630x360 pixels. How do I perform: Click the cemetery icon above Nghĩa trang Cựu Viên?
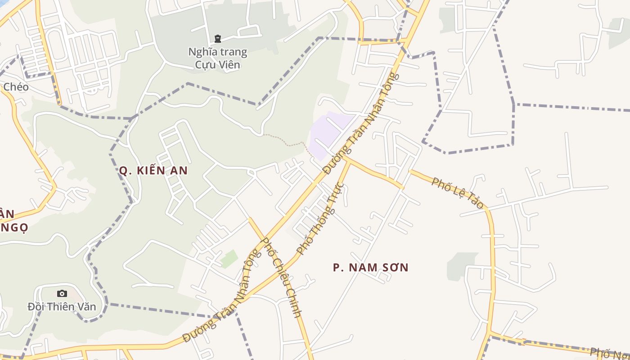218,39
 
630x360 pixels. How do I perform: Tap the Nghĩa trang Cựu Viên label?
218,58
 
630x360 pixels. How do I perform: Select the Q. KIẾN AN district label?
153,171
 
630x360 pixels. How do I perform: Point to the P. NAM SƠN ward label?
370,268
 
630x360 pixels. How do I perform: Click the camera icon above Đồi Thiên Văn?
62,294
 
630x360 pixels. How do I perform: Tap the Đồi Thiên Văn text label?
62,307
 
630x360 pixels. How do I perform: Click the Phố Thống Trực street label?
320,219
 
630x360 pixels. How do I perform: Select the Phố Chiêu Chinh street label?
281,278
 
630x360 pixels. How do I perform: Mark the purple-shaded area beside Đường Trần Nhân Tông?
328,133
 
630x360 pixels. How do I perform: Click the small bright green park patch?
229,259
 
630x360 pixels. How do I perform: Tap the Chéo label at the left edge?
15,87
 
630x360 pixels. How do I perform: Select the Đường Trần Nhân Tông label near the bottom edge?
222,297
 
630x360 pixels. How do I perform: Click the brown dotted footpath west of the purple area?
288,143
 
